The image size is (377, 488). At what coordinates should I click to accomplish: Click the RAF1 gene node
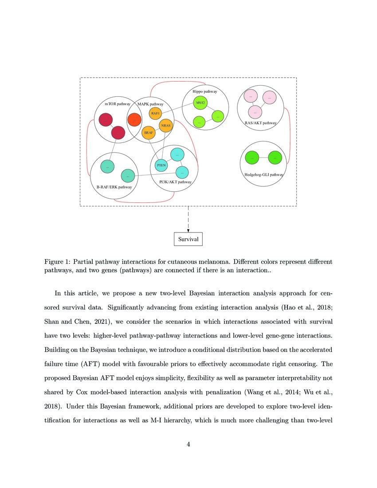point(155,114)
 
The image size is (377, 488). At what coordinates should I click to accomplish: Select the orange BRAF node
point(148,132)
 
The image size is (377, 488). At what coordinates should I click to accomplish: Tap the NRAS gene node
point(165,126)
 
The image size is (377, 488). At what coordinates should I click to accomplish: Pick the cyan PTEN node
point(161,165)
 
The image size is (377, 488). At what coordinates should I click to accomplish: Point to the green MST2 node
point(200,103)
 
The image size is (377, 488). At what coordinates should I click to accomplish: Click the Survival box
point(188,239)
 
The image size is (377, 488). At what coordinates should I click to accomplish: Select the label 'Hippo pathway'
point(204,91)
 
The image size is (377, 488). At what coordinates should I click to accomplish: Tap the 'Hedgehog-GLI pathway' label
point(263,174)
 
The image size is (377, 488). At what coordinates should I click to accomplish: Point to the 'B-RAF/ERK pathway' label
point(114,187)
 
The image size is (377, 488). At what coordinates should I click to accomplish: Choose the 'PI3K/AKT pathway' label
point(175,182)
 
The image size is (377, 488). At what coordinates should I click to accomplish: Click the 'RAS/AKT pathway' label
point(260,122)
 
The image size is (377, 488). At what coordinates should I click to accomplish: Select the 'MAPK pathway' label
point(150,104)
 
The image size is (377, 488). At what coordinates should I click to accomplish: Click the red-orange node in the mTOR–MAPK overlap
point(134,120)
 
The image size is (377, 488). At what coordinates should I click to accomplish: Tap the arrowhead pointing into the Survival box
point(188,230)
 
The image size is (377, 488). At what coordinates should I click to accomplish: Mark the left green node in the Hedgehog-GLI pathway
point(252,157)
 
